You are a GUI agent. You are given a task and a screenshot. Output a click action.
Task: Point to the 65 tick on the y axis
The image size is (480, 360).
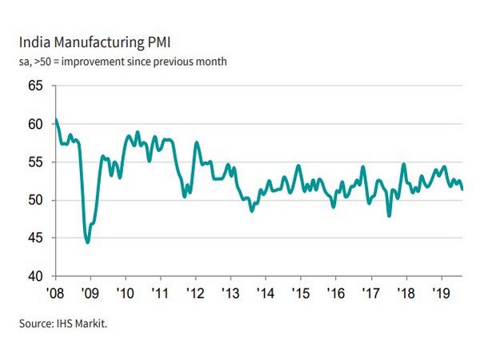(x=35, y=86)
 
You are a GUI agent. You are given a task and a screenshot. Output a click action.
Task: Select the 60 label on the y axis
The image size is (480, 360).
(x=35, y=124)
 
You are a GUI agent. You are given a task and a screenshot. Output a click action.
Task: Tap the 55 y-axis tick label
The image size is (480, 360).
(x=35, y=162)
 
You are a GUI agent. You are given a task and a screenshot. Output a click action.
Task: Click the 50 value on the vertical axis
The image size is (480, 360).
(x=35, y=200)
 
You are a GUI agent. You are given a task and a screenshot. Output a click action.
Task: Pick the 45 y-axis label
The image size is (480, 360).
(x=35, y=238)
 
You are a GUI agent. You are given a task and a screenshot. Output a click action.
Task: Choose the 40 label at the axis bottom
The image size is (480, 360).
(x=35, y=277)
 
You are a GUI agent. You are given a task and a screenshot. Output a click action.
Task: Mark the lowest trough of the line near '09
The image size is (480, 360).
(x=87, y=242)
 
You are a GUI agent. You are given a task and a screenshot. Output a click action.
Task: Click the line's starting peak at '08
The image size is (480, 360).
(x=55, y=120)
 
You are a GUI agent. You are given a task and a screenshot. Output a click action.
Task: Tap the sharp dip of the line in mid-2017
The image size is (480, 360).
(x=389, y=215)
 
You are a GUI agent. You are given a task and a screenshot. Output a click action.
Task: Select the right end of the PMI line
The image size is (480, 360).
(x=462, y=189)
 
